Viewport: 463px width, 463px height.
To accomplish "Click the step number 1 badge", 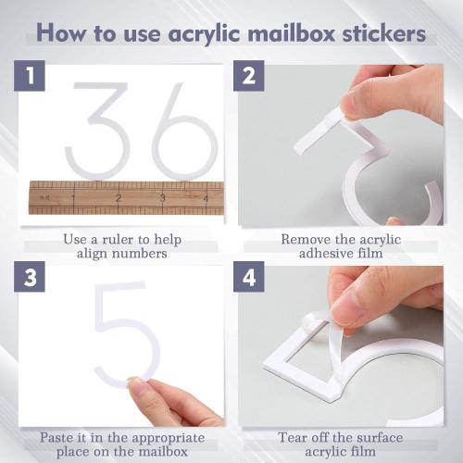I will coord(30,78).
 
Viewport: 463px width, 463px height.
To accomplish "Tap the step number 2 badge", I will coord(249,78).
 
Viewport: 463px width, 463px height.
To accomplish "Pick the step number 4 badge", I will coord(249,279).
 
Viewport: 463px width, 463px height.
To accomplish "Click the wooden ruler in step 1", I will coord(125,197).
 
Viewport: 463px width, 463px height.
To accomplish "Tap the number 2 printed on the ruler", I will coord(119,198).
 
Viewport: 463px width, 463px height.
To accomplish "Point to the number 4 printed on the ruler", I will coord(206,198).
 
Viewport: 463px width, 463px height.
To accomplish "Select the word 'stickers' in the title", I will coord(381,33).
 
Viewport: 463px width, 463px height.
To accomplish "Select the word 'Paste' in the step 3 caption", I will coord(59,434).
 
